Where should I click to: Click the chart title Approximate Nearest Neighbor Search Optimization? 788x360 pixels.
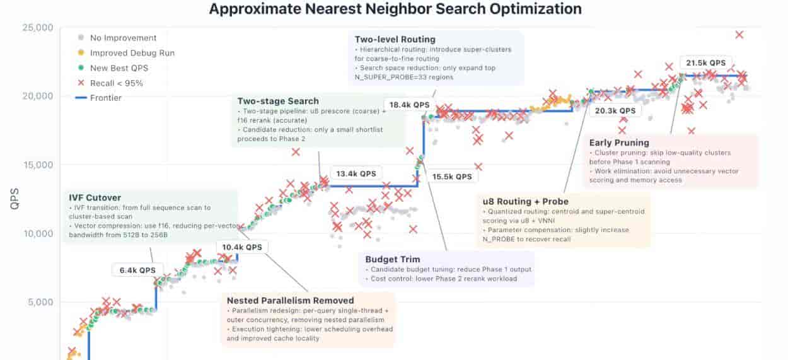click(x=395, y=9)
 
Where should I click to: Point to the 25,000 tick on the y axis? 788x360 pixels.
click(x=38, y=28)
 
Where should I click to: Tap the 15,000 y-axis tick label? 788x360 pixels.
click(x=38, y=165)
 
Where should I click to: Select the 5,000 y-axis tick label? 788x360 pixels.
click(x=41, y=302)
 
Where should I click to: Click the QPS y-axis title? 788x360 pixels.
click(x=14, y=199)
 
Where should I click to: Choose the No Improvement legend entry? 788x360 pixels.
click(x=117, y=38)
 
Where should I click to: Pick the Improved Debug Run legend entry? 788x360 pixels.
click(x=126, y=53)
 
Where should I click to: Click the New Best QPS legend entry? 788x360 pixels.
click(x=113, y=68)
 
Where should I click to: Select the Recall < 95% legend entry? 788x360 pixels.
click(x=110, y=83)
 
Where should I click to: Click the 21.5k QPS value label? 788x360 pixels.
click(x=705, y=63)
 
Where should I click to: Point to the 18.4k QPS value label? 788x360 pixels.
click(x=410, y=105)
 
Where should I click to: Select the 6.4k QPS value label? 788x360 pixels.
click(x=137, y=270)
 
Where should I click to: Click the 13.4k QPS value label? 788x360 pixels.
click(x=356, y=174)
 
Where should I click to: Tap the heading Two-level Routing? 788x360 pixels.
click(x=395, y=40)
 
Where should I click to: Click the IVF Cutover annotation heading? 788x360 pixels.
click(x=95, y=198)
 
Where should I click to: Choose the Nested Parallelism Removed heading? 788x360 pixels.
click(x=290, y=301)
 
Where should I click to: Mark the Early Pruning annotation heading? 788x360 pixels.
click(x=619, y=143)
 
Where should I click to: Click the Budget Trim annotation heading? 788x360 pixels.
click(x=393, y=259)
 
